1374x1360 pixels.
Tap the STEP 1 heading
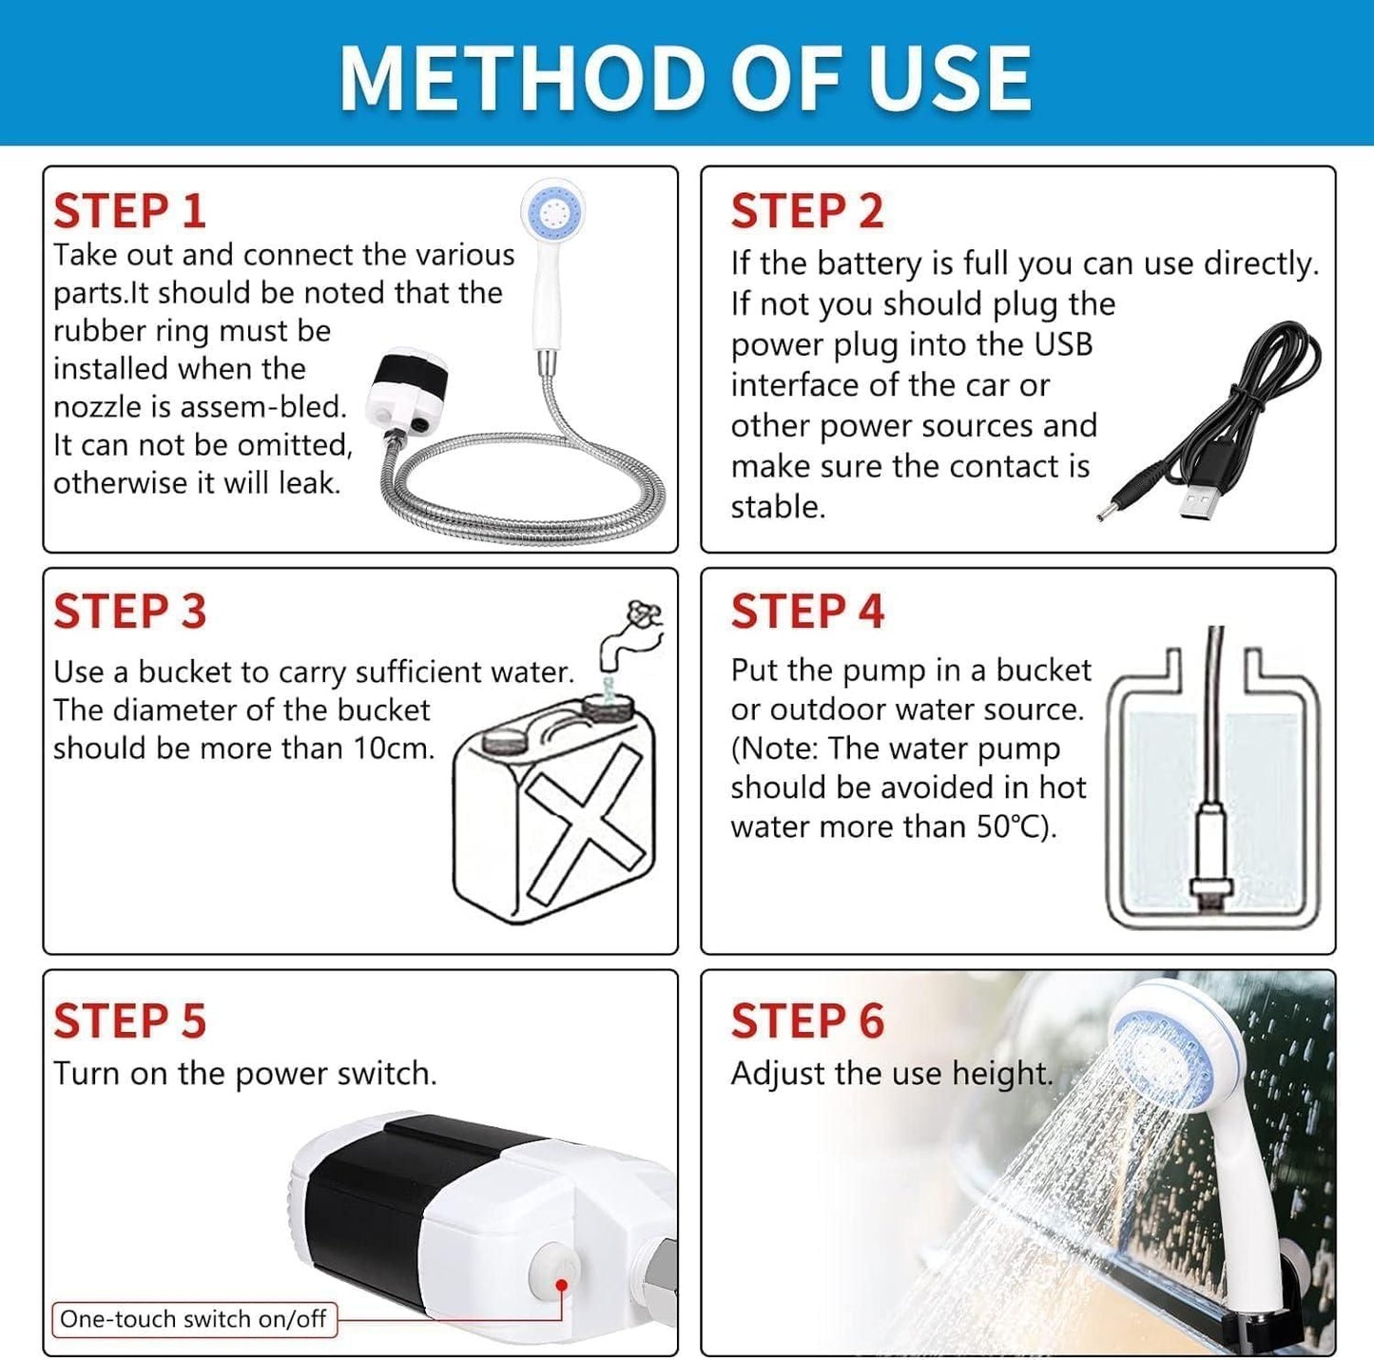(129, 211)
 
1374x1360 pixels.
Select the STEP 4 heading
(806, 612)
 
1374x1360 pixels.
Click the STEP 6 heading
(806, 1021)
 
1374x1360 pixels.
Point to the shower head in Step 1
(552, 210)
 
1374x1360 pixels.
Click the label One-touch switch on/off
(193, 1319)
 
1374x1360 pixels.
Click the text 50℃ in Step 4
(1009, 826)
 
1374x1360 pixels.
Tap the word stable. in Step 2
(778, 507)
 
